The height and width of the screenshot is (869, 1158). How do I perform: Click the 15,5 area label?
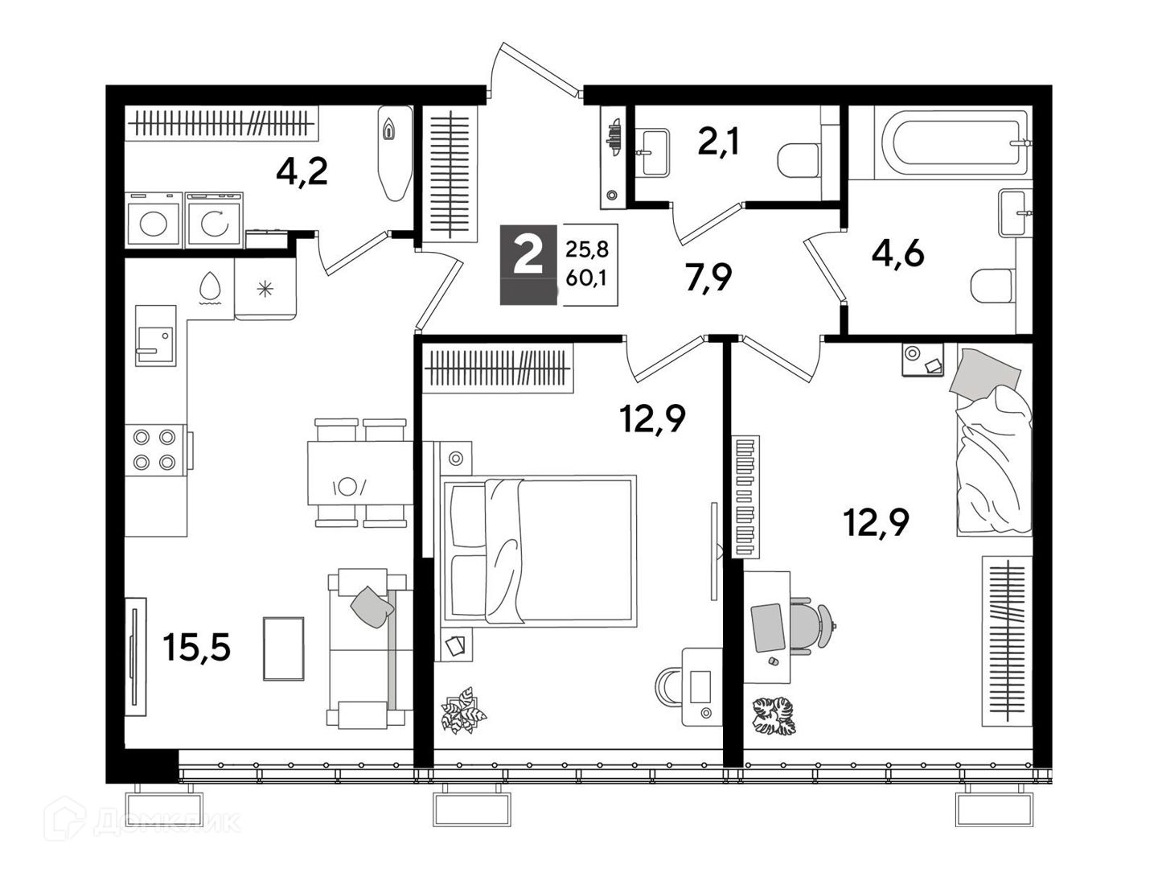[x=197, y=647]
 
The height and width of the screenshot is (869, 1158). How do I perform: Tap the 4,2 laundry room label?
[x=302, y=171]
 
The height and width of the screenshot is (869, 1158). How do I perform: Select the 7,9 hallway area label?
[x=708, y=278]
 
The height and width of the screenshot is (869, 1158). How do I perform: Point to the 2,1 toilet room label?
[x=718, y=142]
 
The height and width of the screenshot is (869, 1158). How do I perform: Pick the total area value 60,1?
[x=587, y=278]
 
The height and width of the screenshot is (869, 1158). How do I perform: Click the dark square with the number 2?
[x=528, y=265]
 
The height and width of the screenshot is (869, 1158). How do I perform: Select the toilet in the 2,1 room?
[x=799, y=160]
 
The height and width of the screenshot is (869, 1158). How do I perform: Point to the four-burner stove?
[x=155, y=450]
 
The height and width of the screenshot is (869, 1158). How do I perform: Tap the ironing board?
[x=395, y=154]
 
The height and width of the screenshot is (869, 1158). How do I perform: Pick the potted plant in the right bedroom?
[x=774, y=716]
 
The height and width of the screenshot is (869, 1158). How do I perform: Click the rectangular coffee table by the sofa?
[x=284, y=649]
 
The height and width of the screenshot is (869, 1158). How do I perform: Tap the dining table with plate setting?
[x=360, y=473]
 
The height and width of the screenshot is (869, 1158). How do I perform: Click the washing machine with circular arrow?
[x=214, y=220]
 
